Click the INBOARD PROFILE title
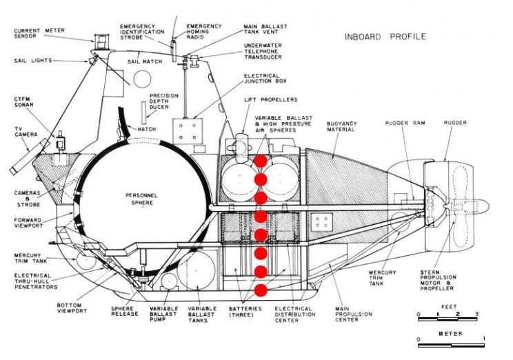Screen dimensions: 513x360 coord(385,37)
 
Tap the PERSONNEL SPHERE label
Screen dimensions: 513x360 coord(142,199)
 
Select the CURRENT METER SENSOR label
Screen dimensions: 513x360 coord(39,33)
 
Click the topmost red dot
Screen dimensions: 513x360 coord(261,161)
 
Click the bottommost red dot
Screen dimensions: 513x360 coord(261,290)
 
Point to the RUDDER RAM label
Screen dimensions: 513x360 coord(405,123)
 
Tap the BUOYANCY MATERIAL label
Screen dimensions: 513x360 coord(341,126)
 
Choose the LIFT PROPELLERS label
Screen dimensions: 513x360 coord(271,99)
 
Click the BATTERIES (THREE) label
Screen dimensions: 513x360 coord(245,312)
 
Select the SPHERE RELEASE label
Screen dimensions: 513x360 coord(125,311)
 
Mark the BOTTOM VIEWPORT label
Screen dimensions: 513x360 coord(72,308)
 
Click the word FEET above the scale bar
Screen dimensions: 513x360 coord(449,307)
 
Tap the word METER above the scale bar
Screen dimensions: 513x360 coord(450,334)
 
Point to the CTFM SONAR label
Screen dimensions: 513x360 coord(23,102)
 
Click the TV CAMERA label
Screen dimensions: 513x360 coord(26,132)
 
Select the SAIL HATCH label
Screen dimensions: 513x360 coord(145,61)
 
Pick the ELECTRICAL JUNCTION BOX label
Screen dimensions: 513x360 coord(265,78)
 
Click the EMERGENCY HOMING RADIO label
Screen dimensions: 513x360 coord(204,32)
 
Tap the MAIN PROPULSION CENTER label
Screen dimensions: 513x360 coord(354,314)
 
